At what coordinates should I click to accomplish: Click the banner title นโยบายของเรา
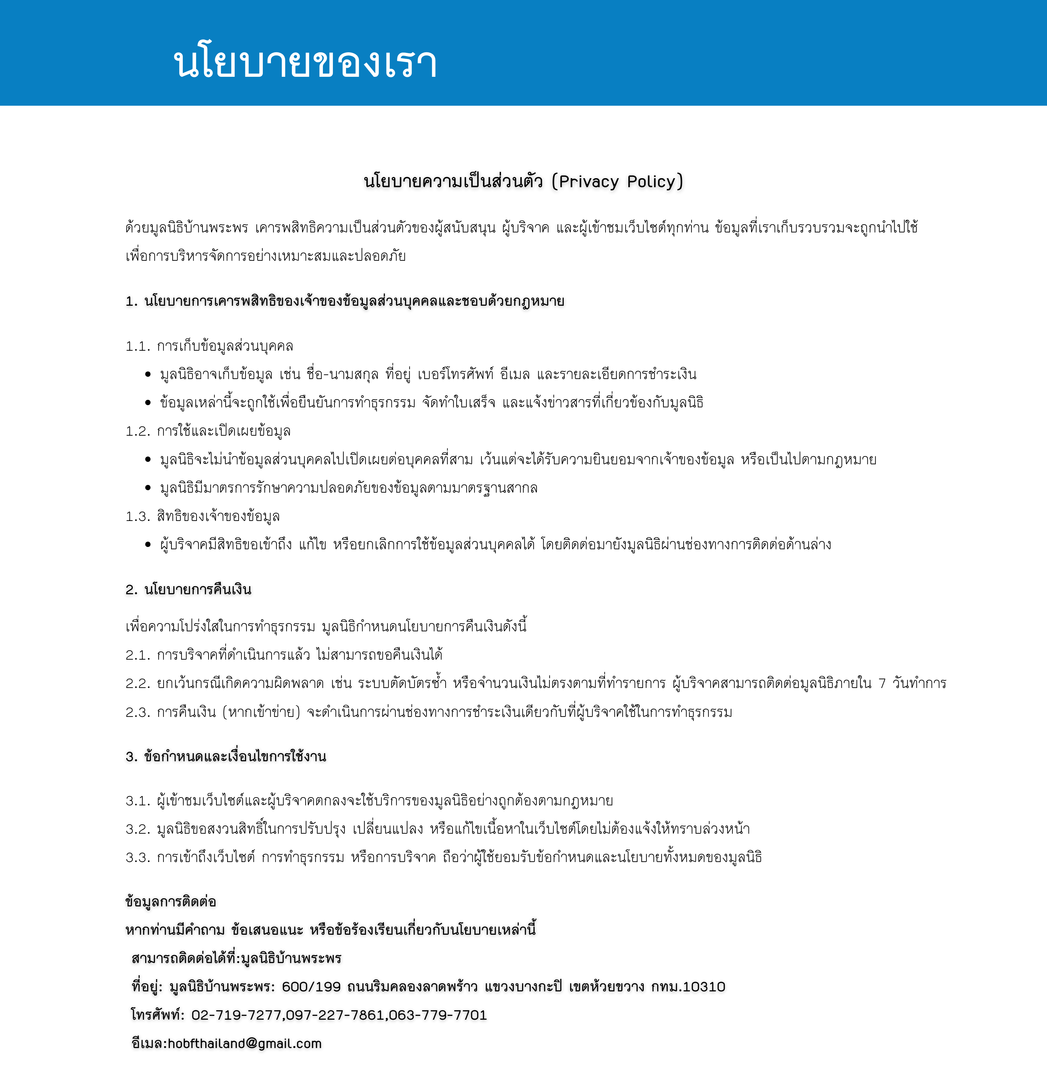[x=305, y=62]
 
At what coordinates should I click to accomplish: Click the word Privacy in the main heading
[x=588, y=182]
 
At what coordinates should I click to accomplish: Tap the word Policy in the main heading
[x=651, y=182]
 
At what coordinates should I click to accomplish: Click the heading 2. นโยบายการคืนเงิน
[x=188, y=590]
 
